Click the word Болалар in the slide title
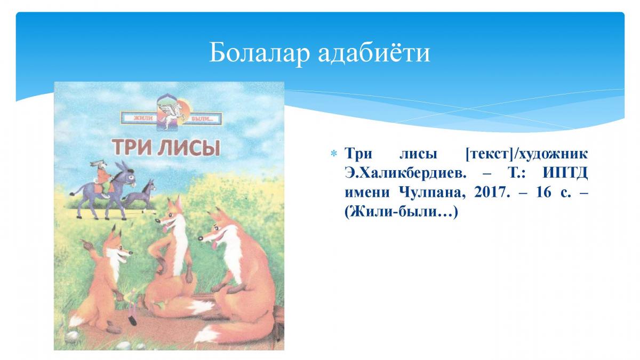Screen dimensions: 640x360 pos(259,53)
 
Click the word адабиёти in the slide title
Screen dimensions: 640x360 pos(374,53)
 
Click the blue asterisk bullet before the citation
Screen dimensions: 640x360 pos(333,154)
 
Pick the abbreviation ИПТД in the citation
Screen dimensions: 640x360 pos(565,173)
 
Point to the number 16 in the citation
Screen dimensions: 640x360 pos(543,193)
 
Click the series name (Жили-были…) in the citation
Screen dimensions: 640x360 pos(401,212)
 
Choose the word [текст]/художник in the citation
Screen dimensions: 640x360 pos(526,154)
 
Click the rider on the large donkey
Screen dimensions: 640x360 pos(101,177)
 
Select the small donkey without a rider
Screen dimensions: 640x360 pos(140,195)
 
